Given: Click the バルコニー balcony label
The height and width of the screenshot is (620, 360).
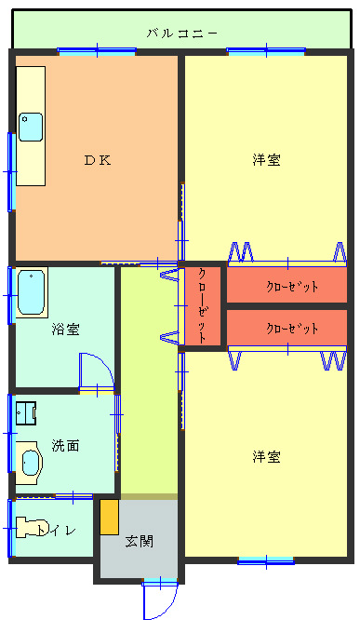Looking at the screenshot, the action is [x=182, y=34].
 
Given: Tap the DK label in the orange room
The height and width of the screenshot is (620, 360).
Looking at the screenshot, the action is [x=98, y=160].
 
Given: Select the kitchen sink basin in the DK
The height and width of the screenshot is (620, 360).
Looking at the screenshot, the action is [x=31, y=127].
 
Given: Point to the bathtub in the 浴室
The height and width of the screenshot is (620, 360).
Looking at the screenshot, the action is [x=31, y=292].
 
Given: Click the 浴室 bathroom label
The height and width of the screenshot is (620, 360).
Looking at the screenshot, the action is [x=66, y=329].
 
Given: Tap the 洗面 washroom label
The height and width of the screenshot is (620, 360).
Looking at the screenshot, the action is [x=66, y=446].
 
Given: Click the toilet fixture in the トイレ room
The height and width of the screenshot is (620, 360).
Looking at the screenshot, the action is [x=31, y=528].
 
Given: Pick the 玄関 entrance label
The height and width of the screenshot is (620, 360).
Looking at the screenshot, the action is [x=140, y=541].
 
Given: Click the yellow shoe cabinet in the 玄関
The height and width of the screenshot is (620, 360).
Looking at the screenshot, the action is [x=110, y=518].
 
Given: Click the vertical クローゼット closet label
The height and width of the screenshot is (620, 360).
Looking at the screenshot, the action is [x=202, y=305].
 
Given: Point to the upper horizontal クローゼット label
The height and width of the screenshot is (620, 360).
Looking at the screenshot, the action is [x=292, y=287].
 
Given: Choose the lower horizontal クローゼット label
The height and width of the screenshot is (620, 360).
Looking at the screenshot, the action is [x=292, y=329].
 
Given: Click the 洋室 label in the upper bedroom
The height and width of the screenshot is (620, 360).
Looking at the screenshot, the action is [x=267, y=160].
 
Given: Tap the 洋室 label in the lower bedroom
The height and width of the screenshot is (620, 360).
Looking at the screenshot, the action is [x=267, y=457].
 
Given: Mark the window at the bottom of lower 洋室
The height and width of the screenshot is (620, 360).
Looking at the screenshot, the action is [x=266, y=560].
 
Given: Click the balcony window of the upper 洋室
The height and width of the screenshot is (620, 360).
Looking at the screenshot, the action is [x=266, y=51].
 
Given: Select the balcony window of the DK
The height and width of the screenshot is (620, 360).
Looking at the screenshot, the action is [x=97, y=51].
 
